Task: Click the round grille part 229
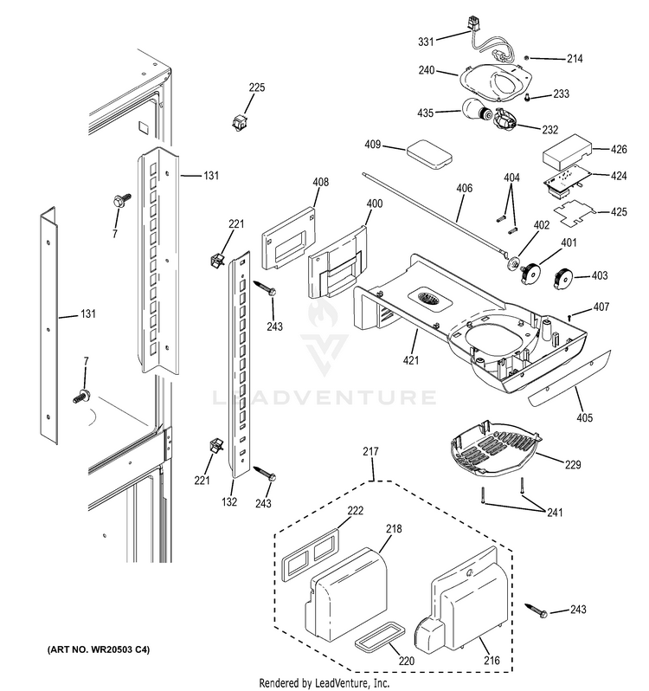click(x=491, y=447)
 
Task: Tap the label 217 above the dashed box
click(x=370, y=452)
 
